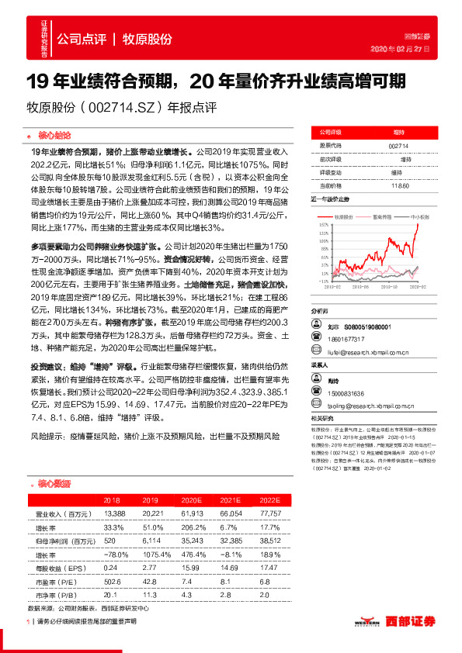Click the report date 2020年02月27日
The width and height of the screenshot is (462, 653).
point(401,49)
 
